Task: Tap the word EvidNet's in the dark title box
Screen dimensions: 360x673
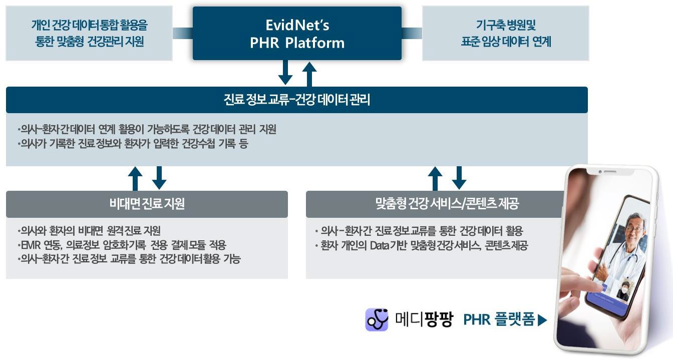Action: [x=297, y=25]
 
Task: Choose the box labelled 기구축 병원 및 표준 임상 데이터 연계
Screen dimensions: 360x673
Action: [x=506, y=33]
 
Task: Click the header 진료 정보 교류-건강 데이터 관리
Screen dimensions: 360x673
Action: [x=296, y=100]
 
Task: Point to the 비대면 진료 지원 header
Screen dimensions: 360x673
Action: [x=147, y=204]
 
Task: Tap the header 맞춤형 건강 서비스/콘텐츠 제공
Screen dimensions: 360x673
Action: [x=447, y=204]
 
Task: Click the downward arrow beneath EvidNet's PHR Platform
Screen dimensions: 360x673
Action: [x=285, y=73]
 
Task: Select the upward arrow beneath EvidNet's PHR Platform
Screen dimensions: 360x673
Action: [x=309, y=74]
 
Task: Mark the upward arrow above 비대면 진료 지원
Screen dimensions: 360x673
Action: [x=135, y=178]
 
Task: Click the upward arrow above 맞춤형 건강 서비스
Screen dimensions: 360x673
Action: [x=435, y=178]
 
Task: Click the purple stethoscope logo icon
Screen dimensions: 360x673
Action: [x=377, y=319]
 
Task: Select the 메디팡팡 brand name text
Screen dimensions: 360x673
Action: [x=424, y=319]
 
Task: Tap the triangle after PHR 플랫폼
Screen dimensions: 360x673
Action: [x=542, y=320]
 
